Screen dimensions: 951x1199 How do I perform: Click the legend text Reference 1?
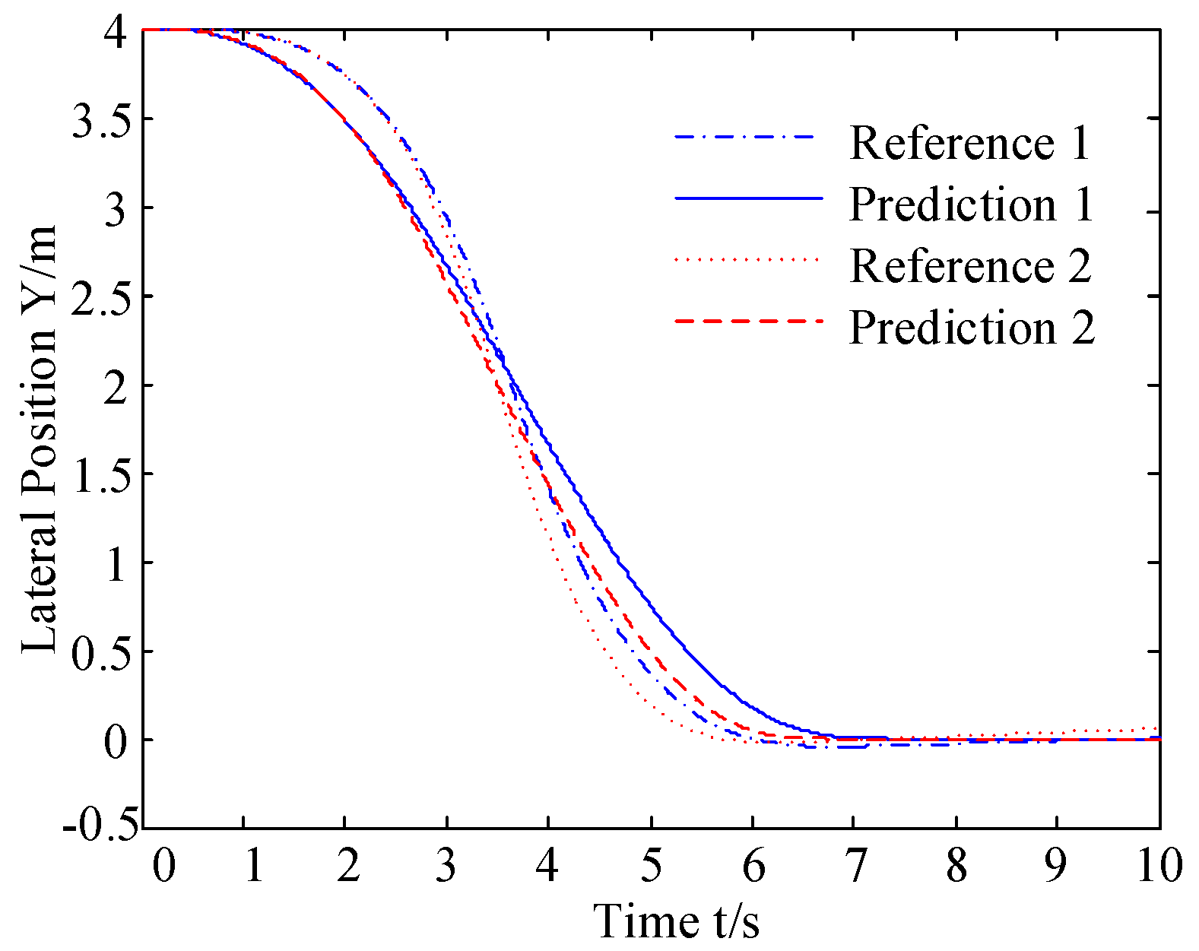coord(969,142)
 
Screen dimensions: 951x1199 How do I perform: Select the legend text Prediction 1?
coord(971,204)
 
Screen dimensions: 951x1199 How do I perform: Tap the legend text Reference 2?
coord(970,265)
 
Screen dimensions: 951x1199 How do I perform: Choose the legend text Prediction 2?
coord(972,327)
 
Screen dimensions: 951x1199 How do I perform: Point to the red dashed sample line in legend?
coord(748,322)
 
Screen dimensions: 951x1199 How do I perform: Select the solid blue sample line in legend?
coord(748,198)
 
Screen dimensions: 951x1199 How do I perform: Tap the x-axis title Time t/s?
coord(676,921)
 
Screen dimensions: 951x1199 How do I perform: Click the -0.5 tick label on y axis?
coord(101,828)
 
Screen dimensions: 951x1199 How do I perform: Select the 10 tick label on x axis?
coord(1159,866)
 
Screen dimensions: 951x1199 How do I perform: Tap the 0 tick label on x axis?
coord(163,866)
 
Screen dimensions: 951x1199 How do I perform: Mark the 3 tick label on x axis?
coord(446,866)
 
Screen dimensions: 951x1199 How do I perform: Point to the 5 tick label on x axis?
coord(650,866)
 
